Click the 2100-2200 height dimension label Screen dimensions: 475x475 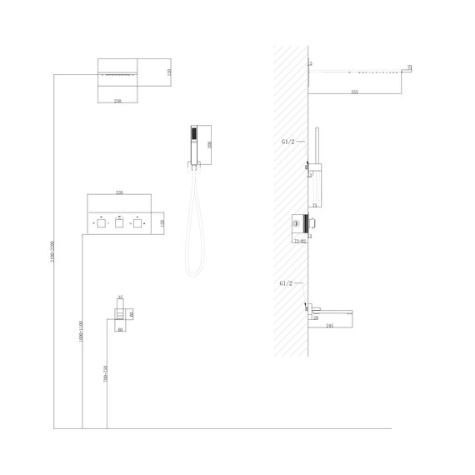pos(52,251)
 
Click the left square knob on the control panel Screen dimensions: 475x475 pos(101,223)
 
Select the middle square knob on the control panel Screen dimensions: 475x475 pos(119,223)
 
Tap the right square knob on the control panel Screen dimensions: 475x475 pos(137,223)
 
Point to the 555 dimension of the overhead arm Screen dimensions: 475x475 pos(355,91)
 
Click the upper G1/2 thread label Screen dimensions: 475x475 pos(286,141)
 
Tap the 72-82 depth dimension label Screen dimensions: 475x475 pos(302,241)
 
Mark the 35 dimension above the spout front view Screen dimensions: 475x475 pos(120,297)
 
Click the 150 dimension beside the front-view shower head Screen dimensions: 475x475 pos(169,72)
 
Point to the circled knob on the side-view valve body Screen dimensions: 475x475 pos(297,223)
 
